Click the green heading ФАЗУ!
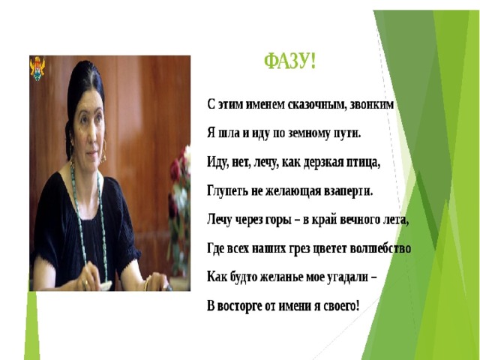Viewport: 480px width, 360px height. tap(289, 61)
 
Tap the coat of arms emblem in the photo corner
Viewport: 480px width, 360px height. tap(37, 68)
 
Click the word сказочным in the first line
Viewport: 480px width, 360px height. tap(316, 105)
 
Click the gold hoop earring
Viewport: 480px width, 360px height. tap(103, 151)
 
